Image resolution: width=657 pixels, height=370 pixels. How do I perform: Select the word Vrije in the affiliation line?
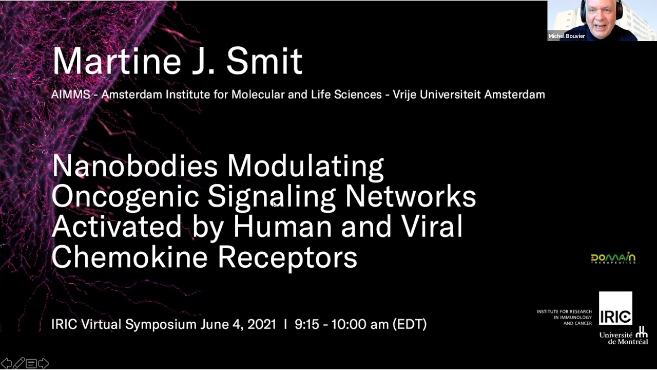(x=407, y=95)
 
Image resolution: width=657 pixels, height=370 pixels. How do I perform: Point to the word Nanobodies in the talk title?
(x=135, y=166)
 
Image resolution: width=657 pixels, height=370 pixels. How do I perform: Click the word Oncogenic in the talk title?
(x=125, y=197)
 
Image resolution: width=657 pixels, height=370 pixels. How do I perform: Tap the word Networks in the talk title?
(x=410, y=197)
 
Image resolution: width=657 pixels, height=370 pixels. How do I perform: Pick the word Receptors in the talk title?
(x=287, y=257)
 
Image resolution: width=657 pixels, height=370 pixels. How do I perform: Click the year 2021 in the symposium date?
(x=262, y=324)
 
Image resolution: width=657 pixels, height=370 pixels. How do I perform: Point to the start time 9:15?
(x=306, y=324)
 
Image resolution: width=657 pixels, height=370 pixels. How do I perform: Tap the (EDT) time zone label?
(x=410, y=324)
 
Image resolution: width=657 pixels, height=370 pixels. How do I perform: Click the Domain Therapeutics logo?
(x=613, y=258)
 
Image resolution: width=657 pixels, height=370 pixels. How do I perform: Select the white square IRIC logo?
(x=615, y=309)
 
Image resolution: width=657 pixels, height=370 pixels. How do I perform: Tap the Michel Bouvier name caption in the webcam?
(x=567, y=36)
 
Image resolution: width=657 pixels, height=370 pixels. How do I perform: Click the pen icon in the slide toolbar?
(x=18, y=364)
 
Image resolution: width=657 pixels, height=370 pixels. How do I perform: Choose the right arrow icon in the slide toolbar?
(x=44, y=364)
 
